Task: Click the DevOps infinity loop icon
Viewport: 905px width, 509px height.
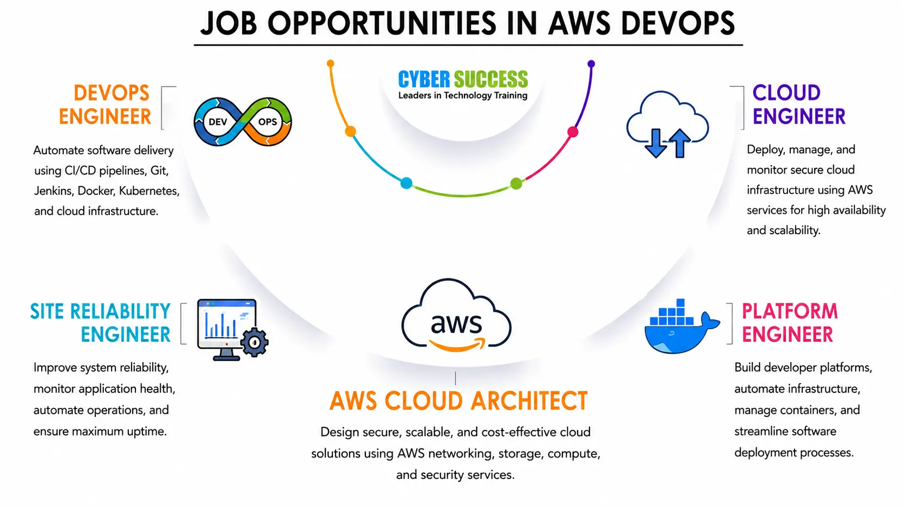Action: pyautogui.click(x=242, y=122)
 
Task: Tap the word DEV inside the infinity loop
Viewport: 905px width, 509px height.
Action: pyautogui.click(x=218, y=122)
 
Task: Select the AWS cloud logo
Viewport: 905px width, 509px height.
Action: pyautogui.click(x=456, y=315)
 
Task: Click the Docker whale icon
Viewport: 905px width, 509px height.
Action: pyautogui.click(x=681, y=326)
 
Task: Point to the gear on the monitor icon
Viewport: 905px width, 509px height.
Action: pyautogui.click(x=254, y=342)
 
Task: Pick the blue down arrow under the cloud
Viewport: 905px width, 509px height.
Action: pyautogui.click(x=655, y=143)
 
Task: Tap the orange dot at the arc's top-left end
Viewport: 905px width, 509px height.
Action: pyautogui.click(x=331, y=63)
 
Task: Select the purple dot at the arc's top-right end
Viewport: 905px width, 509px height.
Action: pyautogui.click(x=591, y=63)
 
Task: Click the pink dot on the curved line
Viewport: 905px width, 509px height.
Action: pyautogui.click(x=573, y=131)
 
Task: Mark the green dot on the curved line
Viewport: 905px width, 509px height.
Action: pyautogui.click(x=516, y=183)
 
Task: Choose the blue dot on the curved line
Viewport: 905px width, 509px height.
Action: pyautogui.click(x=406, y=183)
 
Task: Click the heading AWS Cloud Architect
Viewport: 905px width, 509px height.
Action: pyautogui.click(x=458, y=401)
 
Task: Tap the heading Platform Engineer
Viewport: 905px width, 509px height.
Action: pyautogui.click(x=790, y=323)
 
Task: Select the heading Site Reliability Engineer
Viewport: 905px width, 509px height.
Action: pyautogui.click(x=100, y=323)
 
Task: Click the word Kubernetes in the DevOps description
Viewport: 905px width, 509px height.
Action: pyautogui.click(x=149, y=190)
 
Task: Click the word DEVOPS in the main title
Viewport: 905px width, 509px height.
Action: pyautogui.click(x=678, y=23)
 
